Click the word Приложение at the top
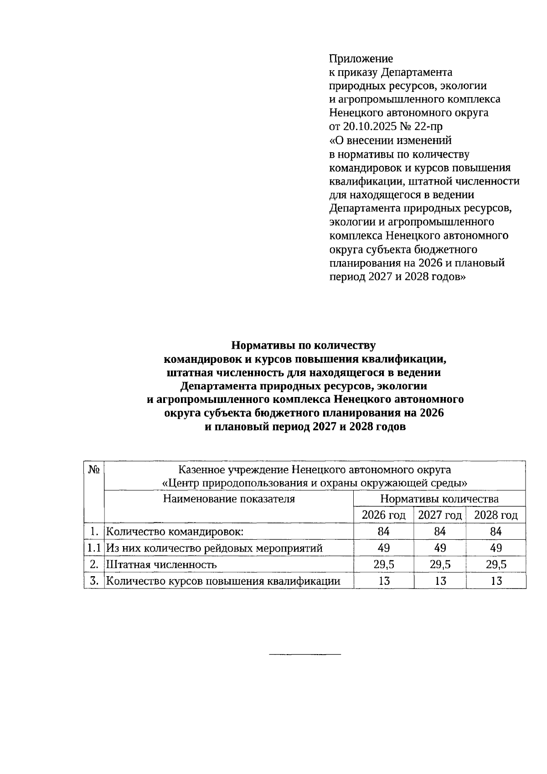pyautogui.click(x=361, y=59)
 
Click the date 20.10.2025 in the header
pyautogui.click(x=368, y=126)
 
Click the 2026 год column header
pyautogui.click(x=383, y=515)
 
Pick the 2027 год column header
pyautogui.click(x=440, y=515)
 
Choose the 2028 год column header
pyautogui.click(x=496, y=515)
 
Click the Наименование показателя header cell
pyautogui.click(x=229, y=499)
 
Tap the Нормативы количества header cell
pyautogui.click(x=439, y=499)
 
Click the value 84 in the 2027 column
pyautogui.click(x=440, y=531)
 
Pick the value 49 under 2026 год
pyautogui.click(x=383, y=548)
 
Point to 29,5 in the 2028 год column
pyautogui.click(x=496, y=565)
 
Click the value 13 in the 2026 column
pyautogui.click(x=383, y=581)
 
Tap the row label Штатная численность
pyautogui.click(x=161, y=565)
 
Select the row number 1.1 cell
pyautogui.click(x=94, y=548)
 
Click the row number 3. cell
pyautogui.click(x=94, y=581)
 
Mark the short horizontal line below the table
pyautogui.click(x=305, y=655)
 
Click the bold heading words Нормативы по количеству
pyautogui.click(x=304, y=345)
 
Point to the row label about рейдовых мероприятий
pyautogui.click(x=214, y=548)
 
